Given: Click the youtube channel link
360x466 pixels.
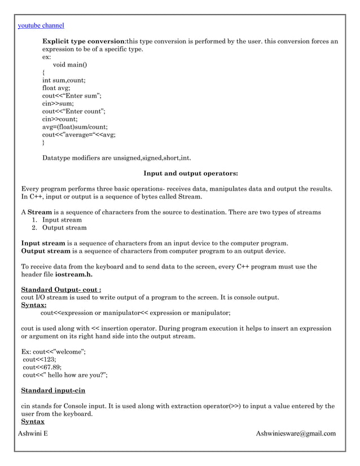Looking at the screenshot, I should [x=41, y=25].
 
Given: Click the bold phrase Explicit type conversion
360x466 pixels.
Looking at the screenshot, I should [x=84, y=42].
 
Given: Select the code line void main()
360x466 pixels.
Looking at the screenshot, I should [x=74, y=65].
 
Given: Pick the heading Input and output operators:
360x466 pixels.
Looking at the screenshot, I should [x=191, y=173].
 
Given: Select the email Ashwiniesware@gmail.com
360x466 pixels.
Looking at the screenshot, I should [x=296, y=433].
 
